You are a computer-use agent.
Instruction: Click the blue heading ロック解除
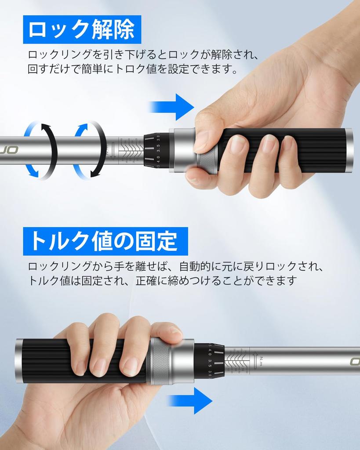pyautogui.click(x=82, y=30)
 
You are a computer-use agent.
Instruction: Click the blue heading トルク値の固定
pyautogui.click(x=105, y=241)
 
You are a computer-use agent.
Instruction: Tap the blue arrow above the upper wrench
pyautogui.click(x=172, y=107)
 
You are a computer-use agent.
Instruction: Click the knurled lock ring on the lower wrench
pyautogui.click(x=159, y=360)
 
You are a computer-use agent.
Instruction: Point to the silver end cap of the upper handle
pyautogui.click(x=349, y=150)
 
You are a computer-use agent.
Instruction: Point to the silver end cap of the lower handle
pyautogui.click(x=19, y=360)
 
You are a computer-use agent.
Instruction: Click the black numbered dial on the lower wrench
pyautogui.click(x=209, y=360)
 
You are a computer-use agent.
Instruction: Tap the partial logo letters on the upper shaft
pyautogui.click(x=9, y=150)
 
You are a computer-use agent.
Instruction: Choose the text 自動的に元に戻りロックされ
pyautogui.click(x=246, y=266)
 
